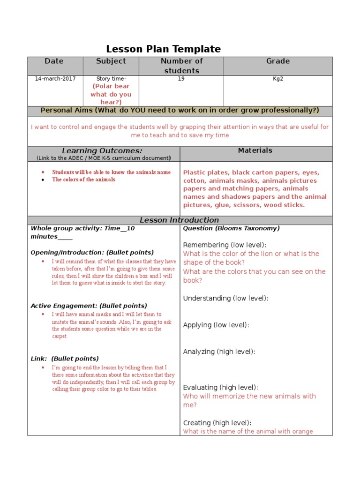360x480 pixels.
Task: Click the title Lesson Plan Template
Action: pos(163,49)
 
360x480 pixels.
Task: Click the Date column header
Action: pos(54,61)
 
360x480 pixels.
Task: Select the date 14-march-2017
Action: pos(55,79)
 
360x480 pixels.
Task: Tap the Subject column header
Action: pos(111,61)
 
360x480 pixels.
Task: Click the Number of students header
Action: pos(181,66)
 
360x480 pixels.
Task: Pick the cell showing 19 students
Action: pos(181,79)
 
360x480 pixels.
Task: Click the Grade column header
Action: pos(278,61)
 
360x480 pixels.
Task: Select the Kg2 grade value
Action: pos(278,79)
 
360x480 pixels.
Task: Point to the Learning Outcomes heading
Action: pos(102,150)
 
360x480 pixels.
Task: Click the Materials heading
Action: pos(255,150)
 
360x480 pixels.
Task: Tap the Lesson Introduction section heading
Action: pos(180,220)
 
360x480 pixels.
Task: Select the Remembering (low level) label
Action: pos(225,245)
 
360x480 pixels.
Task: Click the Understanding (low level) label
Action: pos(226,298)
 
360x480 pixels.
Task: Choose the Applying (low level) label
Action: pos(216,325)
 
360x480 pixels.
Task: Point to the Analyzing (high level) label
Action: pos(219,352)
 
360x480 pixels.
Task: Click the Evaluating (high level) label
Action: pos(220,387)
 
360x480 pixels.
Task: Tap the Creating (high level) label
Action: pos(217,422)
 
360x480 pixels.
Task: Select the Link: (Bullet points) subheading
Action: pos(65,359)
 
